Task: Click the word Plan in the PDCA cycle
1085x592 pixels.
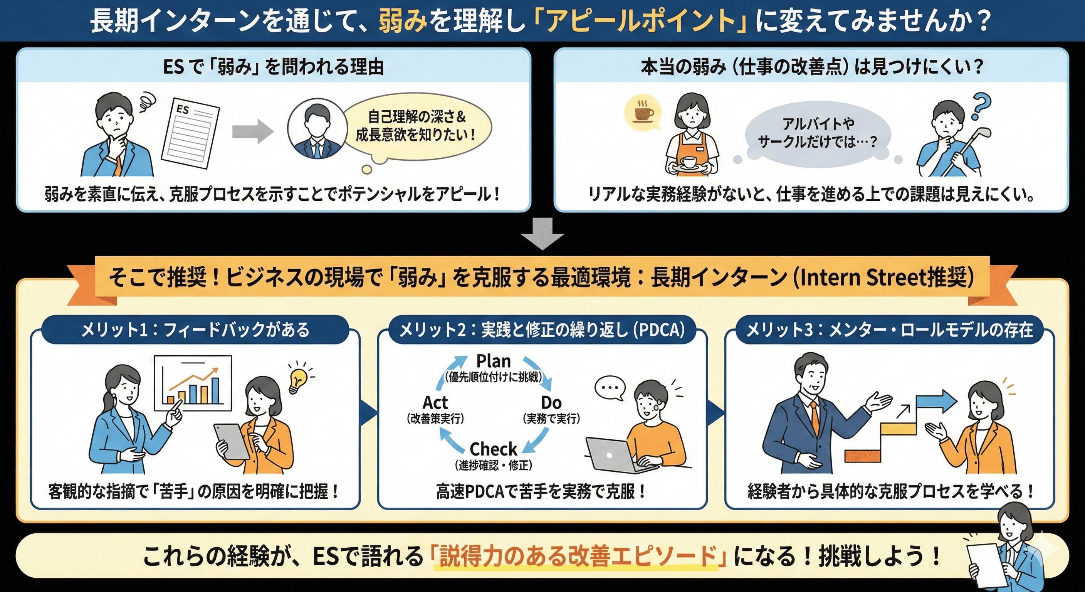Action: point(493,361)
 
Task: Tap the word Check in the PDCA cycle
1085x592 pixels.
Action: point(493,449)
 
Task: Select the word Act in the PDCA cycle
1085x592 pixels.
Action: point(435,403)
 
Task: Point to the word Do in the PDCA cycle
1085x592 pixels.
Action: point(551,403)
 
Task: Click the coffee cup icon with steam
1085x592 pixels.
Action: point(643,113)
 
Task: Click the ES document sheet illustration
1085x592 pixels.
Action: point(190,133)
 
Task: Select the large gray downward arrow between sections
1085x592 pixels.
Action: point(542,234)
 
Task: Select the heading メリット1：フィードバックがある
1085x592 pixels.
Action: point(195,330)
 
